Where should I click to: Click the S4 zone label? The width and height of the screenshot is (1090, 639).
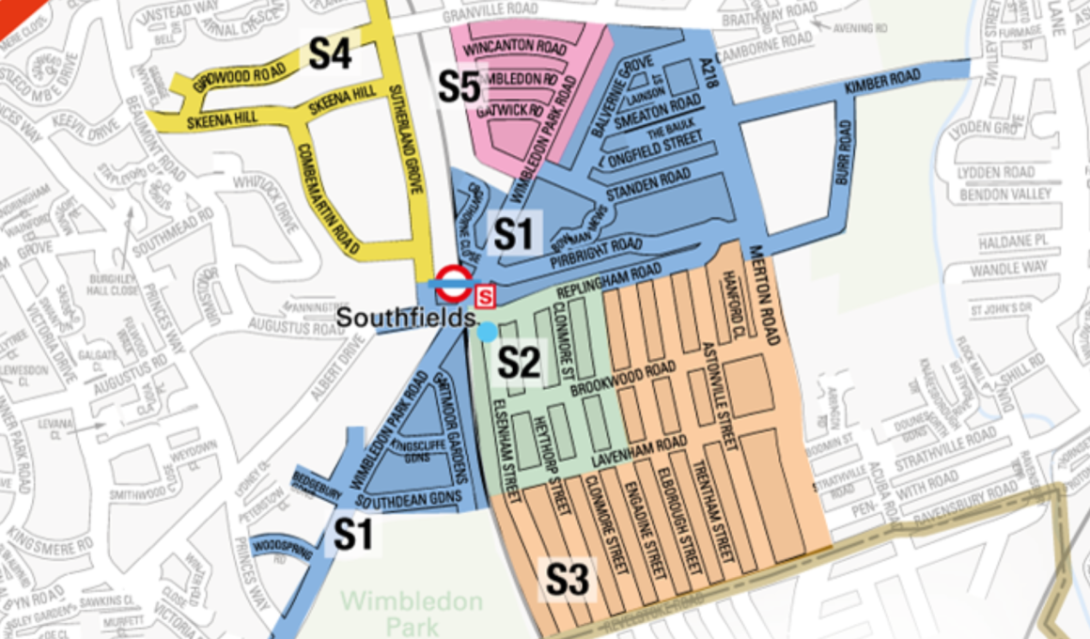(x=330, y=54)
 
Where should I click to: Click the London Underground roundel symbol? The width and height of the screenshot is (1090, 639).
(x=453, y=281)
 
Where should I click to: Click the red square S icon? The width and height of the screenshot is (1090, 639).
(x=486, y=297)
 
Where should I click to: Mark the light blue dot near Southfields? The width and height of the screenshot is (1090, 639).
(x=486, y=332)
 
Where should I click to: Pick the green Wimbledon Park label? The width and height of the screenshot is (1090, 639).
(x=412, y=611)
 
